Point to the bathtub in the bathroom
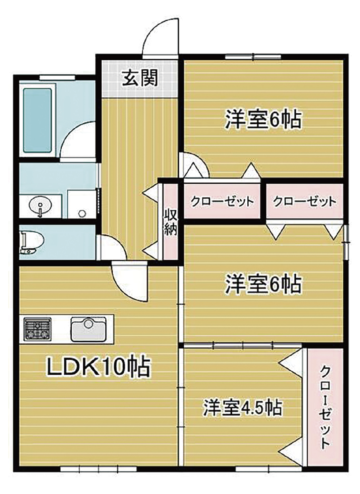coord(38,120)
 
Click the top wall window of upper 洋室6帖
coord(253,57)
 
